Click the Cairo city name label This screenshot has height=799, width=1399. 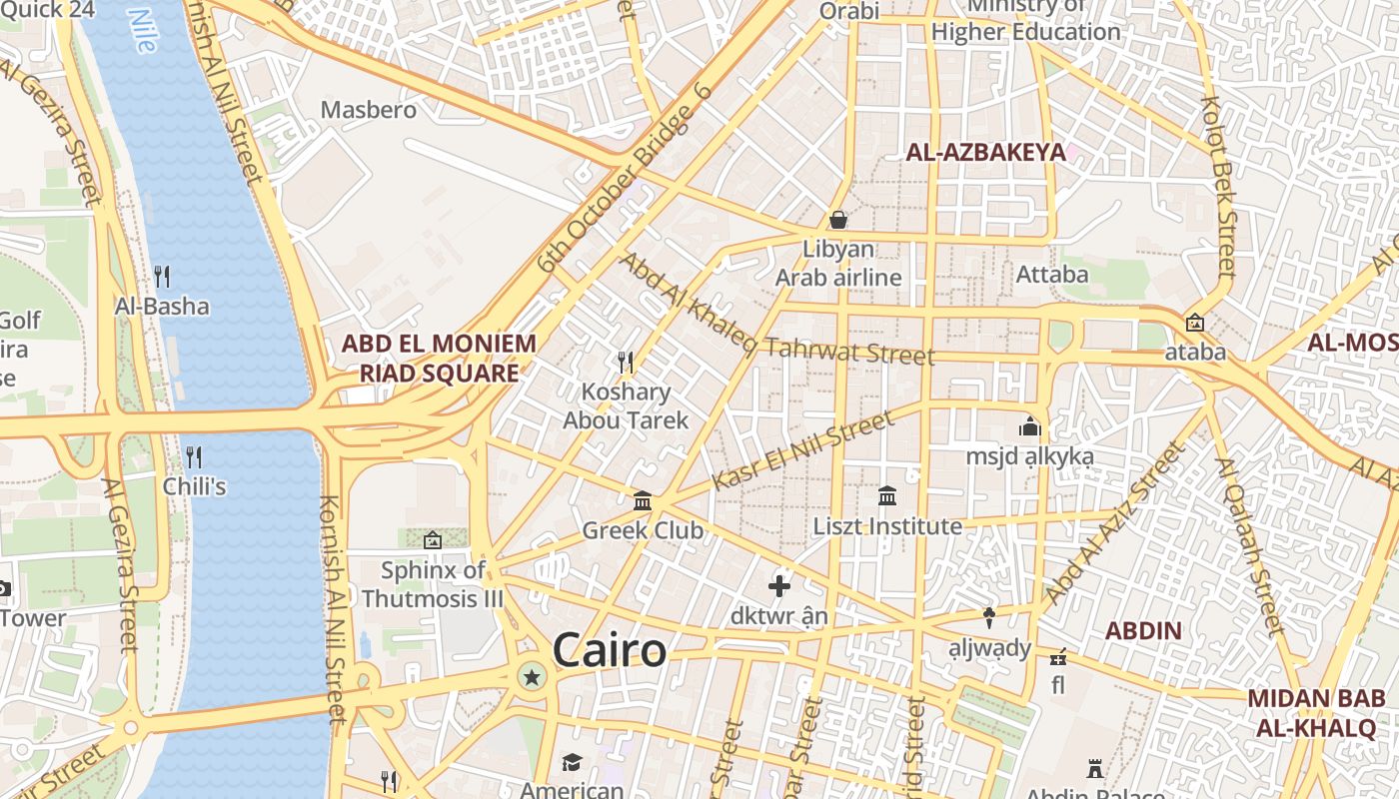tap(609, 651)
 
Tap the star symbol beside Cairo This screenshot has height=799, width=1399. tap(532, 678)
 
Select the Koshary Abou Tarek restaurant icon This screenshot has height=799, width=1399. tap(626, 361)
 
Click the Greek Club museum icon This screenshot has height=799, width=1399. tap(643, 500)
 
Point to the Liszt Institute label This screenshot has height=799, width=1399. tap(887, 525)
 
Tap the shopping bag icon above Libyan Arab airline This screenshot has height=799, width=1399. tap(838, 219)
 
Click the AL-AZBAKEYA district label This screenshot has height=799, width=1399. tap(985, 153)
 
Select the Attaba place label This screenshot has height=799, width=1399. tap(1052, 274)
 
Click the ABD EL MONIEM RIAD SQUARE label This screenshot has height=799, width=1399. tap(439, 359)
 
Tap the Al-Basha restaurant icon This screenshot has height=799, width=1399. tap(162, 276)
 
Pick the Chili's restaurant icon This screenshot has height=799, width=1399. tap(194, 457)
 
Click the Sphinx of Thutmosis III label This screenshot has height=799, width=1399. tap(433, 584)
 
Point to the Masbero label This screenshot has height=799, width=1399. tap(368, 110)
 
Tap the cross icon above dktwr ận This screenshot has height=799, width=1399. tap(779, 585)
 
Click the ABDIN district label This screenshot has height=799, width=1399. tap(1144, 631)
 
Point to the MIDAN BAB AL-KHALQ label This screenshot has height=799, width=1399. tap(1315, 713)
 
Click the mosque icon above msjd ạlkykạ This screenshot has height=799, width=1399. tap(1030, 426)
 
